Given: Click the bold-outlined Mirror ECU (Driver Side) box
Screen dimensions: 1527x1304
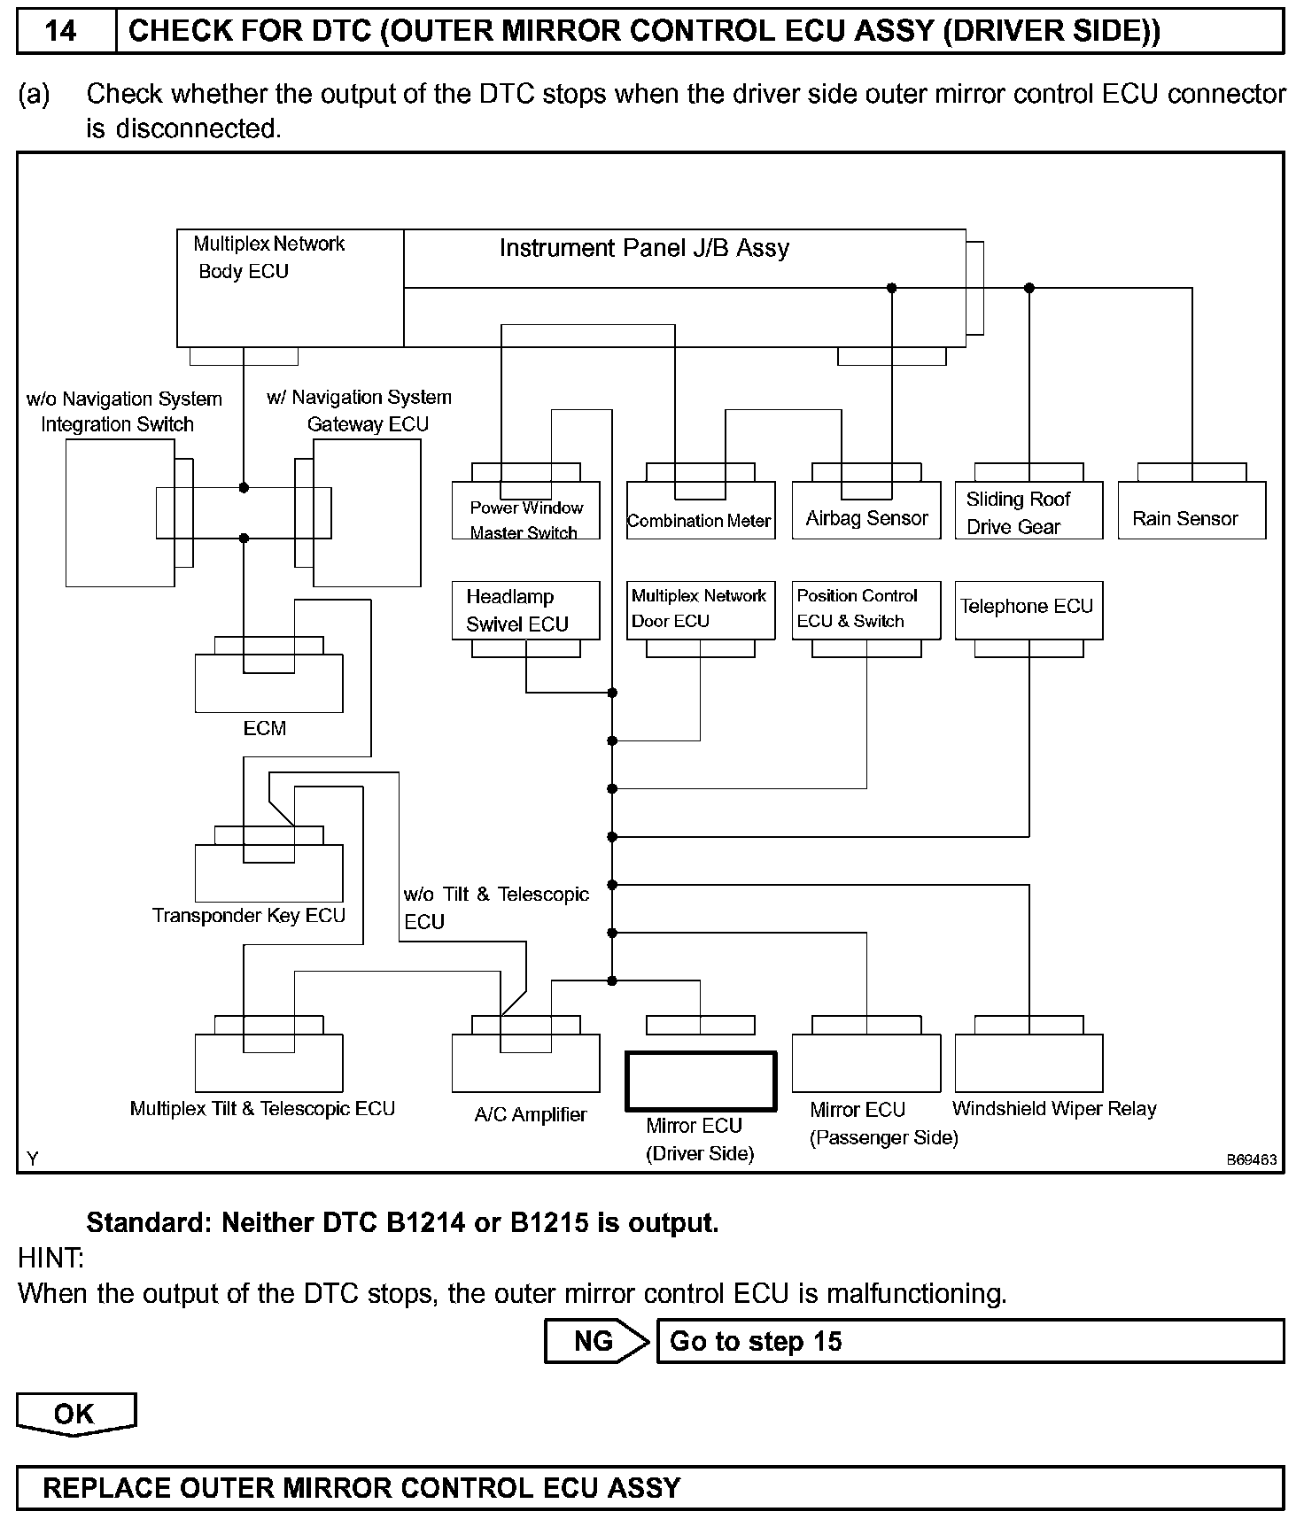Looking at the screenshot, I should (701, 1081).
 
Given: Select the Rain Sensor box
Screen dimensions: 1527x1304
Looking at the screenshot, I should (1191, 512).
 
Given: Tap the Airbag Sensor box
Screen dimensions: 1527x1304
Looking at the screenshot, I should (865, 512).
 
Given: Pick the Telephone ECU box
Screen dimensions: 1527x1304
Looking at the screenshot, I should (1028, 609).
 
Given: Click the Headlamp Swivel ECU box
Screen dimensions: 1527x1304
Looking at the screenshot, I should (525, 609).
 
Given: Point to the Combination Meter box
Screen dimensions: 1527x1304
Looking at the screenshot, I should (700, 512).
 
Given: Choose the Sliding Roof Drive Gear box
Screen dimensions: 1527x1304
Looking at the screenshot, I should (1028, 512).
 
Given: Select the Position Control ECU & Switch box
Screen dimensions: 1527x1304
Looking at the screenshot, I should (865, 609).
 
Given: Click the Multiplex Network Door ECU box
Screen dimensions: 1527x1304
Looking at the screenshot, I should (700, 609).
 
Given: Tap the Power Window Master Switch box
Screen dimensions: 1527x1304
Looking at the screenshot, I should (525, 512).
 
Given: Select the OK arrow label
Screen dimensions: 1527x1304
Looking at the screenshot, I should (75, 1413).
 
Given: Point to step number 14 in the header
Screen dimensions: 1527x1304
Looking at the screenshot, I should (61, 32).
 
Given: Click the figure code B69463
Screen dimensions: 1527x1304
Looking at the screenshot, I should (1251, 1159).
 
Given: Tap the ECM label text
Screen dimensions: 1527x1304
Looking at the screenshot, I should (264, 728).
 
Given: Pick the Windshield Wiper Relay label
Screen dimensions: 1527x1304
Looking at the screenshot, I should (1054, 1108).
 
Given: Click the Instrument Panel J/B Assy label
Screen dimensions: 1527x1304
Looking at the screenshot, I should (644, 248).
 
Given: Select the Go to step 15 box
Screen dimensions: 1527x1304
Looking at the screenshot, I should (969, 1341).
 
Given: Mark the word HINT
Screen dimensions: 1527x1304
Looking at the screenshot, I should (50, 1257).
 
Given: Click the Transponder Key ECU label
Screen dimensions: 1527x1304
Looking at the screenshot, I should (249, 915).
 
